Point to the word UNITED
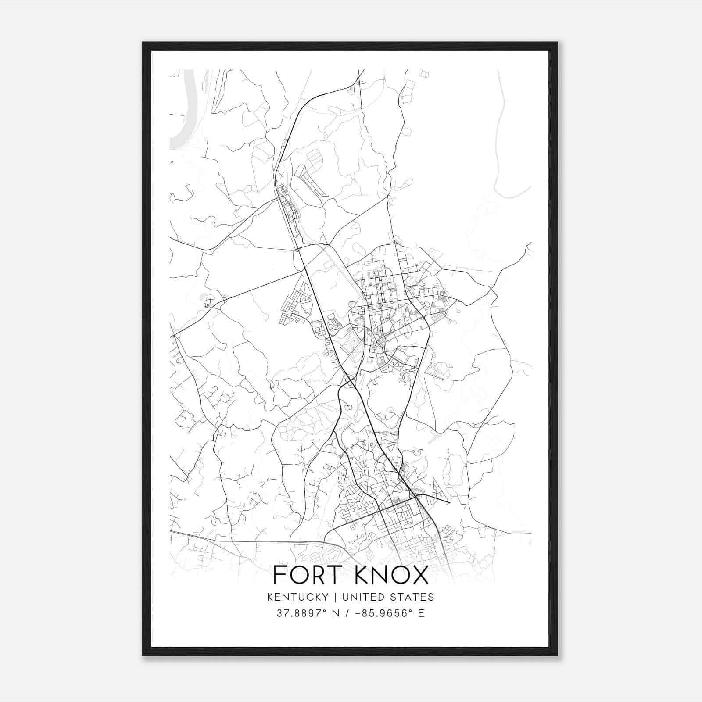pos(363,597)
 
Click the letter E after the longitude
pos(421,613)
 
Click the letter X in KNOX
pos(420,575)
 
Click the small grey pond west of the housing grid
pos(204,297)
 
